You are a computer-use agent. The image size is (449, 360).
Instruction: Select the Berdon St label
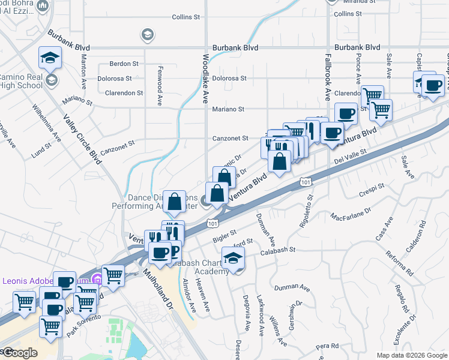click(124, 63)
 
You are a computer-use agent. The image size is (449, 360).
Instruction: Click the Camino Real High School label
click(20, 81)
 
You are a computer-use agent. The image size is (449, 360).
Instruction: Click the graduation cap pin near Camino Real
click(50, 58)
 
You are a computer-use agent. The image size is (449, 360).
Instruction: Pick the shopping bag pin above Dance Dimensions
click(174, 202)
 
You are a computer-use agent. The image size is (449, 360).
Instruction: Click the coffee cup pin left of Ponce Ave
click(345, 113)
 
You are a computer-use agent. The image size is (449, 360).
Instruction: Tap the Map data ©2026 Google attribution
click(411, 355)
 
